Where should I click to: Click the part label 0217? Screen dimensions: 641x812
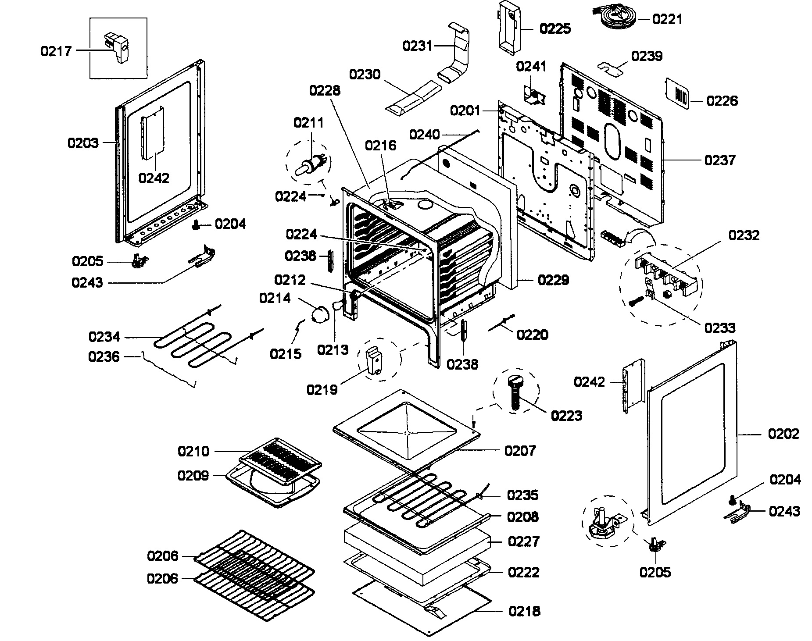click(56, 51)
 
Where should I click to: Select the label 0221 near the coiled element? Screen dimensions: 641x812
click(667, 19)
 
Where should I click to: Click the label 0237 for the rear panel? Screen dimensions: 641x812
click(719, 160)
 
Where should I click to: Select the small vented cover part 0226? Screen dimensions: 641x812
click(677, 95)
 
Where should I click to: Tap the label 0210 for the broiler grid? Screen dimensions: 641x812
click(193, 451)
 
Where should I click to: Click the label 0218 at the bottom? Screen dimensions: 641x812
click(524, 611)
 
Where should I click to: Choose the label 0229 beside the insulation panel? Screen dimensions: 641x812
click(553, 280)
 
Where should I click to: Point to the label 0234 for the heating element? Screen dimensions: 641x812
click(104, 337)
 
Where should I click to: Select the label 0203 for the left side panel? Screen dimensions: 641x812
click(83, 142)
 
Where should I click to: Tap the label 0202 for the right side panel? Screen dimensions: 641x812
click(783, 434)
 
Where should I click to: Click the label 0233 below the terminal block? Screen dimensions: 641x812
click(720, 328)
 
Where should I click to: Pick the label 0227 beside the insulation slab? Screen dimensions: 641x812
click(523, 541)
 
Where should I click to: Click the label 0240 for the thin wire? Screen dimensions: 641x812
click(424, 134)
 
